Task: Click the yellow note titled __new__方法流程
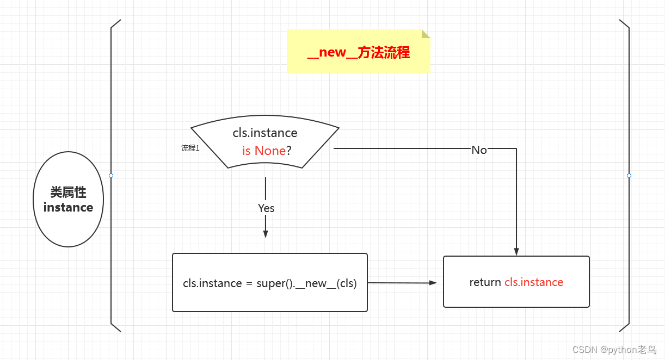(358, 52)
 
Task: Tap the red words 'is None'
(263, 151)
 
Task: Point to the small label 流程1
(190, 148)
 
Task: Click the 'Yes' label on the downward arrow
(266, 208)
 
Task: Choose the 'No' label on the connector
(479, 150)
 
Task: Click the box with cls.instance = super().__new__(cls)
(270, 282)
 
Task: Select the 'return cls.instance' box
(516, 282)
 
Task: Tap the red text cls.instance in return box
(534, 282)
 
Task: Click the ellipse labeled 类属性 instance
(69, 200)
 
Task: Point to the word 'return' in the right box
(485, 282)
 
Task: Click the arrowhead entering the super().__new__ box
(266, 234)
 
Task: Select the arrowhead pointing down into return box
(516, 252)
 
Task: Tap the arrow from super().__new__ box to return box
(403, 283)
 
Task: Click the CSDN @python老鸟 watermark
(614, 350)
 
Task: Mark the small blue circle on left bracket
(111, 176)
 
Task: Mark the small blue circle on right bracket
(629, 176)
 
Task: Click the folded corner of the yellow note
(426, 34)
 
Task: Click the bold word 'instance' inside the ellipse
(68, 207)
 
